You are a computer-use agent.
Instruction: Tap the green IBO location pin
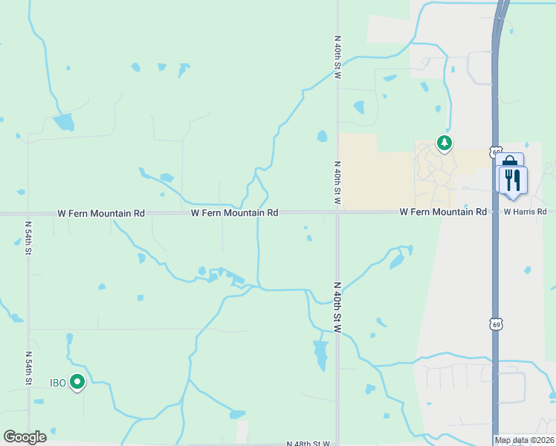click(77, 382)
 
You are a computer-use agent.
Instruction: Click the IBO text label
click(58, 383)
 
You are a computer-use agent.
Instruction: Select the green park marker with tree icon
click(445, 142)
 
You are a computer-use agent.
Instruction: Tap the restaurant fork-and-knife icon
click(513, 180)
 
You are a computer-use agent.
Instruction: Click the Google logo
click(25, 437)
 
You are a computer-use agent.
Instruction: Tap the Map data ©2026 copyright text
click(524, 440)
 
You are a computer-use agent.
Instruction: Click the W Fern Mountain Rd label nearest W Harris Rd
click(443, 212)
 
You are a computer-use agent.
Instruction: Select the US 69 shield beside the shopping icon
click(496, 152)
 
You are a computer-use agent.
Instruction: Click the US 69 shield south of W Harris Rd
click(496, 323)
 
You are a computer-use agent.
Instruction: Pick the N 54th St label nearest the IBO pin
click(29, 368)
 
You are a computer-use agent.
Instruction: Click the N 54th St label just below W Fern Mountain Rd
click(28, 237)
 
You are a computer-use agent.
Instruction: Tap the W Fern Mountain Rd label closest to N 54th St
click(101, 213)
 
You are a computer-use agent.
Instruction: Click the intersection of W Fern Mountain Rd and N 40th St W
click(337, 213)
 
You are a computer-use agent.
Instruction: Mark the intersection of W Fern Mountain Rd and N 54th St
click(28, 213)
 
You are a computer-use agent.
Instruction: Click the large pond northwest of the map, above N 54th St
click(64, 122)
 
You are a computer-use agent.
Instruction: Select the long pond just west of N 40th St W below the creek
click(320, 355)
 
